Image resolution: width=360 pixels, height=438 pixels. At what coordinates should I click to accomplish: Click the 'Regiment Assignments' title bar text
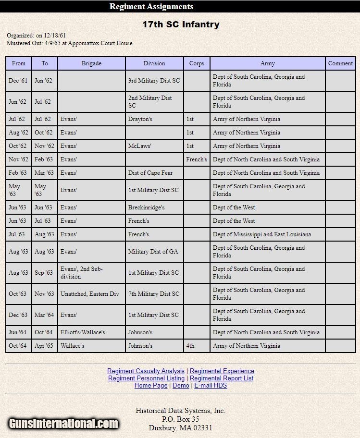pos(151,7)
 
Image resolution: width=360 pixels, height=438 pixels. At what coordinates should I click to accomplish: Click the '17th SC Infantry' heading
pos(181,24)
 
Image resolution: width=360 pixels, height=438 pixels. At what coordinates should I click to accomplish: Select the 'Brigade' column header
pos(91,63)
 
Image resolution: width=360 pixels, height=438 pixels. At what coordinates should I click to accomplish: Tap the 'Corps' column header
pos(197,63)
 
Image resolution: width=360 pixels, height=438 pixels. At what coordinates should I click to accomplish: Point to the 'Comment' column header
pos(340,63)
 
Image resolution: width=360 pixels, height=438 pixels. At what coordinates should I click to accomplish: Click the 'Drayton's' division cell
pos(140,119)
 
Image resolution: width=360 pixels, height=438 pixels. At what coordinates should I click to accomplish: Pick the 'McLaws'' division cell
pos(140,146)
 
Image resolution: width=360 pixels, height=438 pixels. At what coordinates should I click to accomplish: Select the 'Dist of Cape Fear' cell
pos(150,173)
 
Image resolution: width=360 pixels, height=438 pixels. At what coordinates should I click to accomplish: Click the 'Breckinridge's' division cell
pos(147,207)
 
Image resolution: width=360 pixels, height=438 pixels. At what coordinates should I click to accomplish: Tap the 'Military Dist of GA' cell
pos(153,252)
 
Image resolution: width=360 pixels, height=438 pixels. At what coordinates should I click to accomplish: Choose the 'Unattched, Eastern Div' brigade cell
pos(90,294)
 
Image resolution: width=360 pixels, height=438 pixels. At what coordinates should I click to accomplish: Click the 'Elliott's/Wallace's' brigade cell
pos(83,332)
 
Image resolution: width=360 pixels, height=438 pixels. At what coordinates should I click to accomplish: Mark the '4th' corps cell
pos(190,346)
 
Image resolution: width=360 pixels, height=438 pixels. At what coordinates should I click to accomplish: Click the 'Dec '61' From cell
pos(18,81)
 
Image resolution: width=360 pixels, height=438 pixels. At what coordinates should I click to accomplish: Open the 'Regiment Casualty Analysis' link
pos(146,371)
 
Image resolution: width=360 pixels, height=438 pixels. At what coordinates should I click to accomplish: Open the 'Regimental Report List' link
pos(222,378)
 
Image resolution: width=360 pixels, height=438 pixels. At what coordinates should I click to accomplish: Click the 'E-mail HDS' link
pos(211,386)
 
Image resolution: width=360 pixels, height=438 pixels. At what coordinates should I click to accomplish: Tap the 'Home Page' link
pos(151,386)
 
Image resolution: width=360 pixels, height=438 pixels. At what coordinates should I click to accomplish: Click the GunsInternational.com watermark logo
pos(63,424)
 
